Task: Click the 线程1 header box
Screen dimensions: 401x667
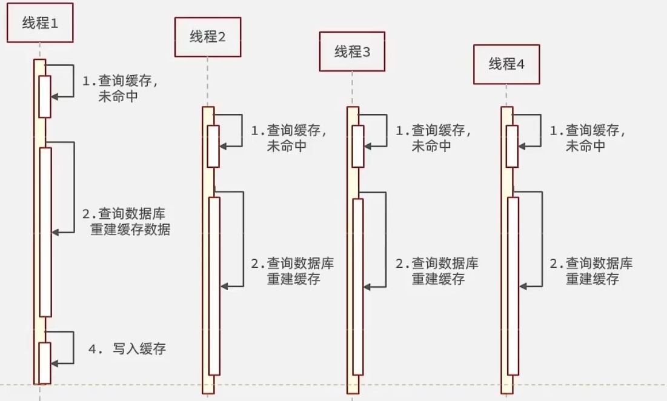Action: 40,22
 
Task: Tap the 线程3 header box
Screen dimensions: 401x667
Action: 352,51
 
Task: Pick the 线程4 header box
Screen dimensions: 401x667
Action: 506,64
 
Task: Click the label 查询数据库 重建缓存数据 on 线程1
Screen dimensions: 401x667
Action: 127,222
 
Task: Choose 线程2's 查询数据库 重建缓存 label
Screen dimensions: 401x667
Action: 293,271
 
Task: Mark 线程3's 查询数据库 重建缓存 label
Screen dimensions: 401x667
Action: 437,271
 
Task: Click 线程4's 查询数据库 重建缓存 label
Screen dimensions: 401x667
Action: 591,271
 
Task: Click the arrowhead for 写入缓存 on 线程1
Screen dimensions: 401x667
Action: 55,363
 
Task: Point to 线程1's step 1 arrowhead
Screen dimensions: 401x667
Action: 55,96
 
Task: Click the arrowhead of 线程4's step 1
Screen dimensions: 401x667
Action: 523,145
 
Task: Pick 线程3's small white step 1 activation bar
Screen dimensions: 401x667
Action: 357,146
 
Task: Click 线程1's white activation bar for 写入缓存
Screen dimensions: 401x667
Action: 45,362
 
